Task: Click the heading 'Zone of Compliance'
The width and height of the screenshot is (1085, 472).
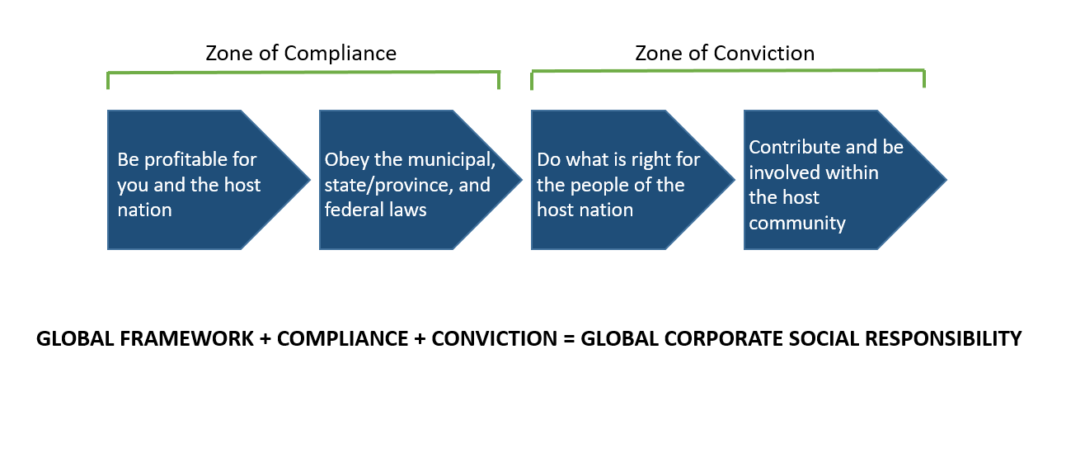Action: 301,54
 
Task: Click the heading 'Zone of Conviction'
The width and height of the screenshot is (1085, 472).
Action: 725,54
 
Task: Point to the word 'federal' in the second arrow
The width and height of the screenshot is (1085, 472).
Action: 351,210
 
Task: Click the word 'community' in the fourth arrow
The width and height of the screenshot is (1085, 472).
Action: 796,224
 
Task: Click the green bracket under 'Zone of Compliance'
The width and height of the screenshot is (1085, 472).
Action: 303,73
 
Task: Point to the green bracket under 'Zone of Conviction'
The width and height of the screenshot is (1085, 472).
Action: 728,71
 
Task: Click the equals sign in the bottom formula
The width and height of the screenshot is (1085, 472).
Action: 569,339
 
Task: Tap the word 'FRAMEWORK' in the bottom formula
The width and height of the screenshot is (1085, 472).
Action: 186,339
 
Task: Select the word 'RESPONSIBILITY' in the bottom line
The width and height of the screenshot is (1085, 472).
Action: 943,339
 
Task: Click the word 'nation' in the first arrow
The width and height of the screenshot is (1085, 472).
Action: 144,210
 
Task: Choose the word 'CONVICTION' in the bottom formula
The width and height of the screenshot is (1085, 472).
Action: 494,339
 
